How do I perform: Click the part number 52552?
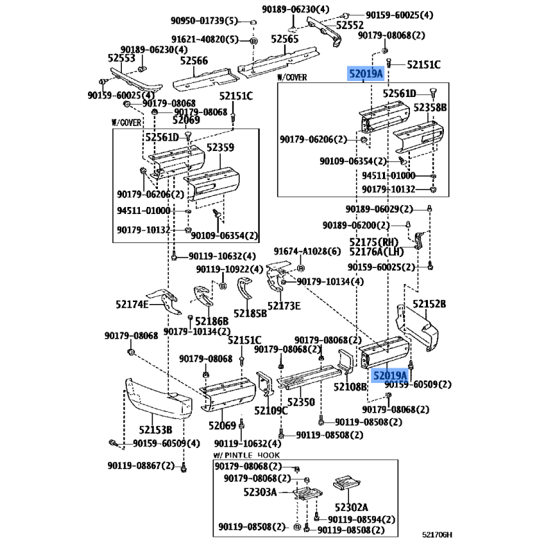[x=350, y=25]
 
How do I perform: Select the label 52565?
[x=285, y=39]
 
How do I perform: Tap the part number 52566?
[x=194, y=61]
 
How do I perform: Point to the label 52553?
[x=121, y=58]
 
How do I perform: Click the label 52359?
[x=220, y=148]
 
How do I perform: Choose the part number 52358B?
[x=430, y=107]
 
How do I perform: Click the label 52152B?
[x=429, y=304]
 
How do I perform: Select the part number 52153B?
[x=155, y=429]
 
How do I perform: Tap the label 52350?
[x=301, y=402]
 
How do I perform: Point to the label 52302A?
[x=351, y=508]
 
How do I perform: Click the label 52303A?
[x=260, y=492]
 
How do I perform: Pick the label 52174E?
[x=132, y=304]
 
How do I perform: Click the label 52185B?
[x=250, y=314]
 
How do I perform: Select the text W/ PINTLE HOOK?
[x=247, y=455]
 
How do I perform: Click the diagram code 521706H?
[x=437, y=535]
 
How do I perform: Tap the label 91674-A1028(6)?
[x=307, y=251]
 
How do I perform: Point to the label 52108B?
[x=350, y=387]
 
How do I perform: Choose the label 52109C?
[x=271, y=411]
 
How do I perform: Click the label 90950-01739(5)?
[x=204, y=21]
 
